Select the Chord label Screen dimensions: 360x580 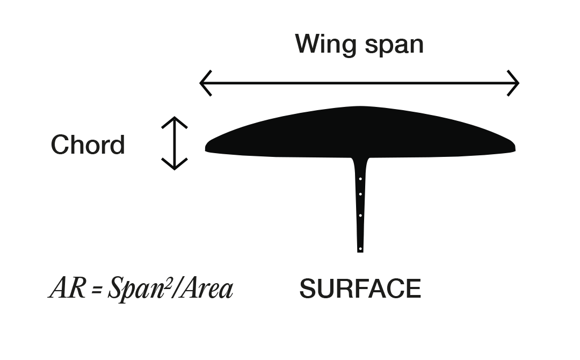[x=88, y=145]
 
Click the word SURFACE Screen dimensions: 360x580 [x=360, y=289]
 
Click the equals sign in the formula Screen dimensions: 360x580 [x=97, y=290]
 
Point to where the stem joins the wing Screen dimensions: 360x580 [x=360, y=160]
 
